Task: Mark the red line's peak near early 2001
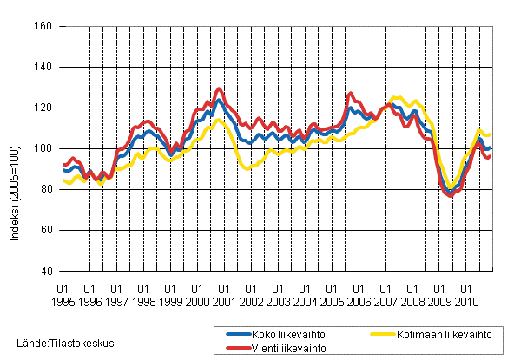pyautogui.click(x=219, y=88)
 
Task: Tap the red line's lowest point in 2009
pyautogui.click(x=450, y=195)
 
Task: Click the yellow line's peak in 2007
pyautogui.click(x=397, y=97)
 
